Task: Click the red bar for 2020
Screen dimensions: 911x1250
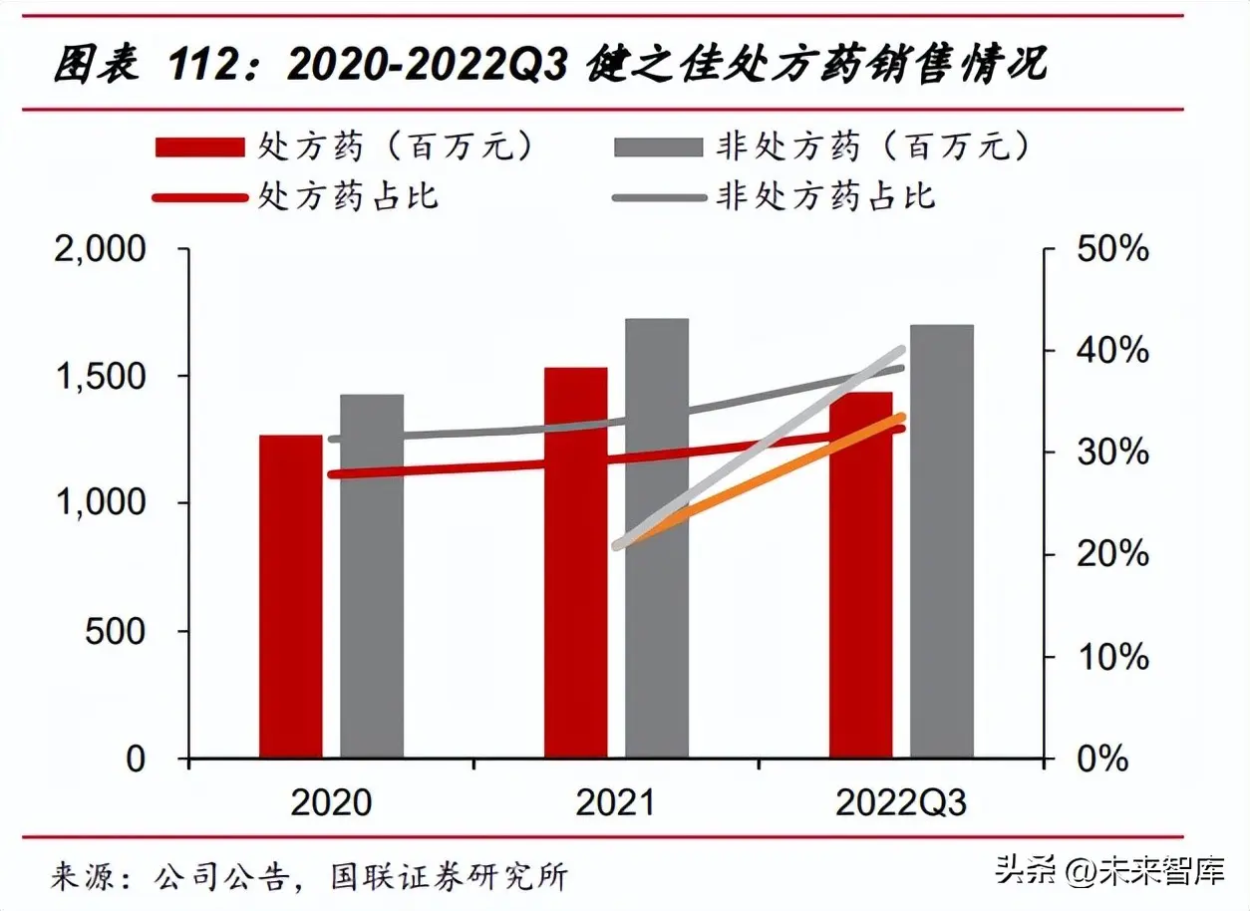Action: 290,598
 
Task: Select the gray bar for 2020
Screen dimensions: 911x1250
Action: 372,578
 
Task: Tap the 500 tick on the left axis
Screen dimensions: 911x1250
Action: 115,632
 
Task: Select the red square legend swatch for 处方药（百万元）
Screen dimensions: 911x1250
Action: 199,148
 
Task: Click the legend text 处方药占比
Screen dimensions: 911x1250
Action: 348,195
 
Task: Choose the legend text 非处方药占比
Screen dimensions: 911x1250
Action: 826,195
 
